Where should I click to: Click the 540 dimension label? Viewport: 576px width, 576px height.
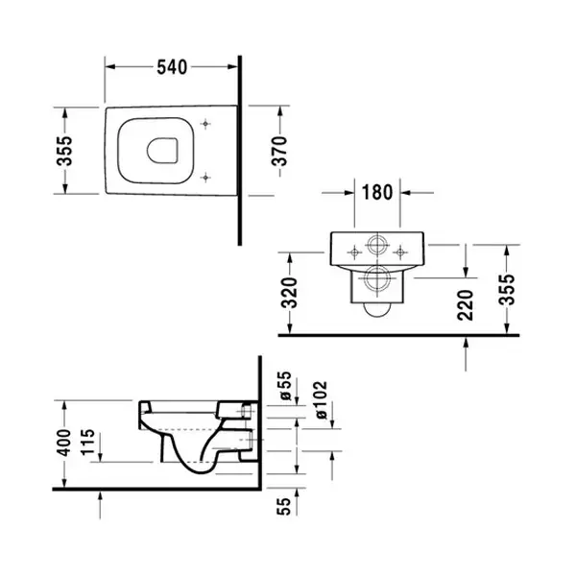tap(172, 67)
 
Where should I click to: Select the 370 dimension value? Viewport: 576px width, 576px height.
tap(279, 151)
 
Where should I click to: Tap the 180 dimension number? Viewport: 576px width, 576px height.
tap(377, 192)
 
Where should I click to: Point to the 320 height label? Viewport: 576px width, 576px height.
tap(289, 293)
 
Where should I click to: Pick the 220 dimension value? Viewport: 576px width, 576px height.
tap(465, 305)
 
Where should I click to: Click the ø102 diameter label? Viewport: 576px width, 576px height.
tap(321, 399)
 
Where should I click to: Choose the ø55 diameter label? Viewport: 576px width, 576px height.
tap(285, 386)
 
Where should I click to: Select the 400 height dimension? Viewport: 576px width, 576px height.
tap(63, 443)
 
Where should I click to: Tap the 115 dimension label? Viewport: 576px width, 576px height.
tap(87, 443)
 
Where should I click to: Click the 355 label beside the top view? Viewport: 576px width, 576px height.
tap(64, 151)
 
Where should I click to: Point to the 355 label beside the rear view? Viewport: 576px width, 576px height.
tap(507, 290)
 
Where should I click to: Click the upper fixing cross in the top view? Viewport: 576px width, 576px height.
tap(205, 124)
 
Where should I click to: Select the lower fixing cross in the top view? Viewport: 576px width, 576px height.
tap(205, 178)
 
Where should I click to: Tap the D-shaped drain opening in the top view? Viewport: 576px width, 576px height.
tap(162, 151)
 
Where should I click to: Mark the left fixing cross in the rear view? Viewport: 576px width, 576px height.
tap(354, 252)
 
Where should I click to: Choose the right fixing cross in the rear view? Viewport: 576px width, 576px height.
tap(400, 252)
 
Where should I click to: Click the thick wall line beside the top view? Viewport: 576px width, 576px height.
tap(240, 151)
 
